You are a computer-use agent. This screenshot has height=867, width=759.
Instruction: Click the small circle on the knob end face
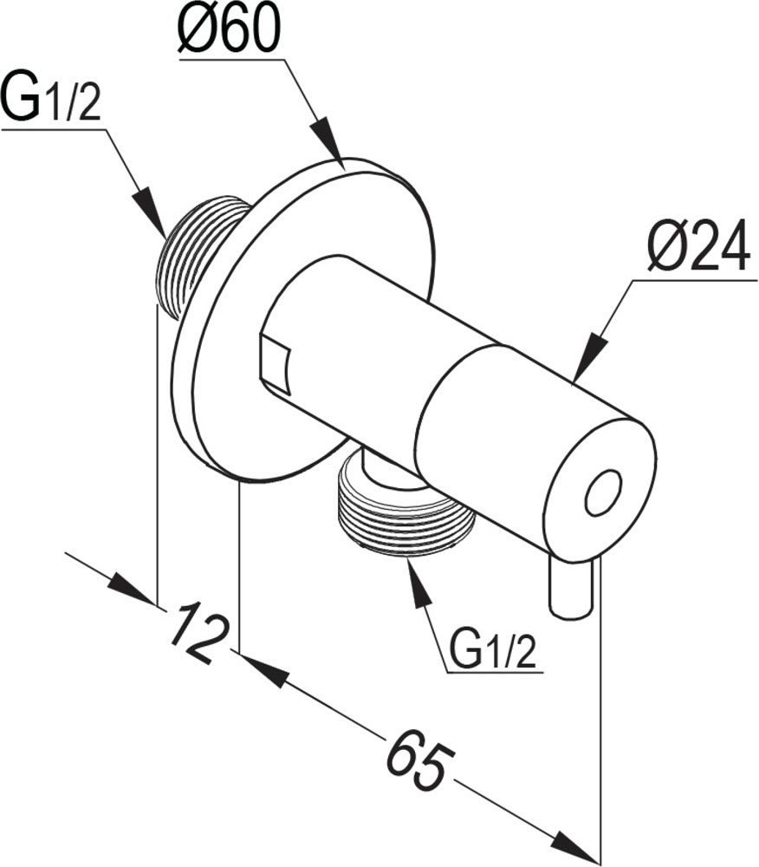click(603, 494)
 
